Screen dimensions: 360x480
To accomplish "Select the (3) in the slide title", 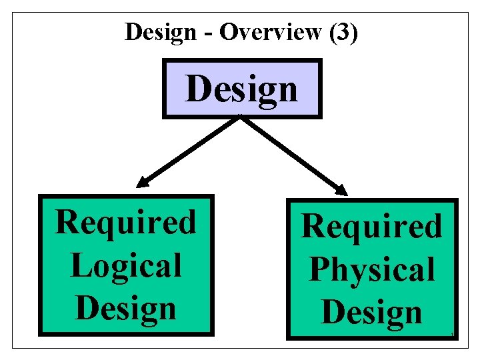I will tap(343, 32).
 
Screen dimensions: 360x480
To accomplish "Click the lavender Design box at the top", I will tap(242, 89).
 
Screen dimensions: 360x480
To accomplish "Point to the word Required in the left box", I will tap(126, 222).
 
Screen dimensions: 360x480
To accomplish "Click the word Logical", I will tap(126, 265).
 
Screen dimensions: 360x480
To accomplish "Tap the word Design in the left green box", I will tap(126, 307).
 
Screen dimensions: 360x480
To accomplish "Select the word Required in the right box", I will tap(372, 226).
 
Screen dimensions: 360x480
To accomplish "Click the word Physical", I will tap(372, 270).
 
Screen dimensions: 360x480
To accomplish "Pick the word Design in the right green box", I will tap(372, 312).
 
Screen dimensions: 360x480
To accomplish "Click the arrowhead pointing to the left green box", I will tap(143, 181).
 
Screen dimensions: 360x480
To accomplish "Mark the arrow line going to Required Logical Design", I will tap(190, 150).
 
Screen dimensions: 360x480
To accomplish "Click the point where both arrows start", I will tap(240, 119).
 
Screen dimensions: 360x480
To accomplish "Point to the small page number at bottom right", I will tap(452, 334).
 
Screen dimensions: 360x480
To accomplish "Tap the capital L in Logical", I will tap(79, 265).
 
